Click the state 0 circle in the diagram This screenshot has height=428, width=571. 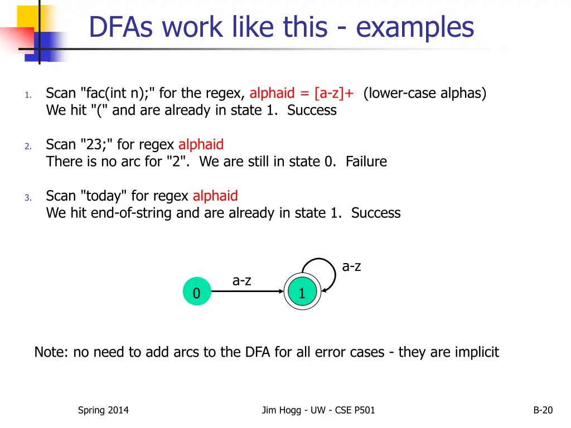point(197,293)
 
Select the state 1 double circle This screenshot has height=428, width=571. point(302,293)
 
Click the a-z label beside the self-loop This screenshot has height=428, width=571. point(351,266)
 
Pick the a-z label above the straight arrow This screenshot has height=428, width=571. point(242,281)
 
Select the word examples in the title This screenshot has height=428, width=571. point(415,27)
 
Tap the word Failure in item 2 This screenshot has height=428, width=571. point(366,162)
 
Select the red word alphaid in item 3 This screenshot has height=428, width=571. point(215,196)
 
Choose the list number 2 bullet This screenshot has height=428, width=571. point(28,146)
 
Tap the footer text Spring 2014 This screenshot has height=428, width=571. point(103,410)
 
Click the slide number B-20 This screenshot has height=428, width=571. point(543,410)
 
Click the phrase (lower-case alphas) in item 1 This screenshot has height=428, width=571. point(425,93)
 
